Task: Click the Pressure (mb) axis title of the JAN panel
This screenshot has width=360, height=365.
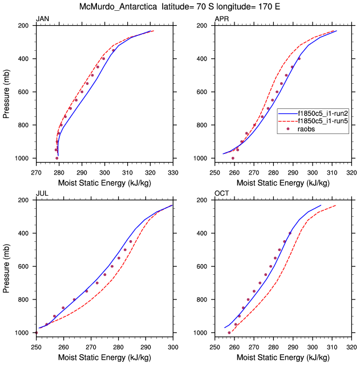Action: click(x=7, y=92)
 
